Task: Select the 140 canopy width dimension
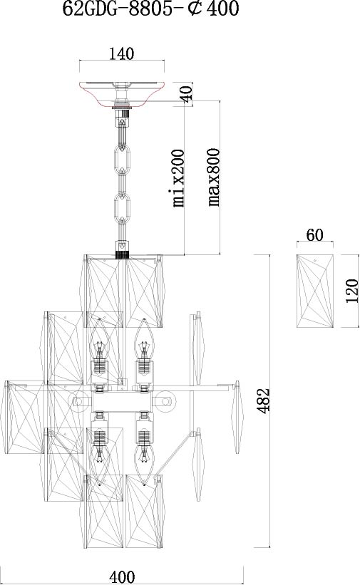(x=122, y=53)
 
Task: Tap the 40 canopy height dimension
(x=187, y=93)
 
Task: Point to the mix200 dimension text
(x=178, y=178)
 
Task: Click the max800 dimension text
(x=214, y=177)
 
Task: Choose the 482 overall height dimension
(x=264, y=400)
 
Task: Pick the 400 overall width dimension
(x=122, y=576)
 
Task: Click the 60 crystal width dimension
(x=315, y=235)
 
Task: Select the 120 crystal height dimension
(x=351, y=291)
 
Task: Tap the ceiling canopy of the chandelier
(x=122, y=95)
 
